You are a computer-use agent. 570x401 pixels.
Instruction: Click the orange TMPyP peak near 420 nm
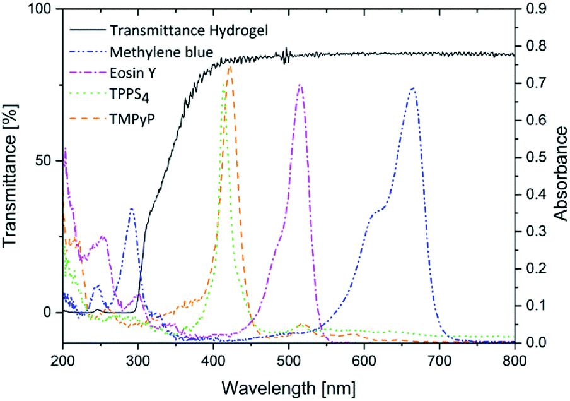coord(230,66)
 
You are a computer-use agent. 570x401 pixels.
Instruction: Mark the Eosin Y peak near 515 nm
coord(300,85)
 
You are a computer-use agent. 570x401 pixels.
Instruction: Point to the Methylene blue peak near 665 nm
coord(413,88)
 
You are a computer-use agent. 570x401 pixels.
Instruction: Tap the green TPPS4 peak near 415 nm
coord(225,90)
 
